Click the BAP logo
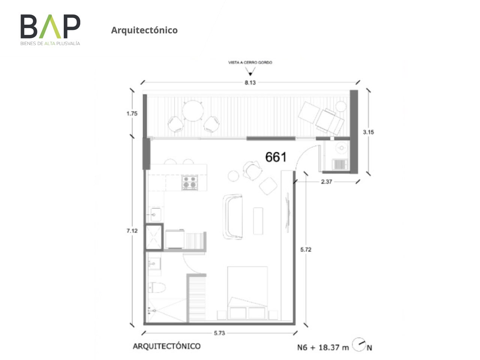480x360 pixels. click(x=50, y=30)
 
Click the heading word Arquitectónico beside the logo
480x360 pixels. click(x=144, y=30)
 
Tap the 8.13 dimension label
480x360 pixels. click(x=250, y=82)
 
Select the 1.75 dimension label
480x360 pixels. click(x=132, y=114)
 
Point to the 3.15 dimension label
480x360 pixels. click(x=368, y=132)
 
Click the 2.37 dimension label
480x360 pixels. click(x=326, y=181)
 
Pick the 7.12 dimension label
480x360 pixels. click(x=132, y=231)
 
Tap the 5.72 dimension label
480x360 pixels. click(x=306, y=249)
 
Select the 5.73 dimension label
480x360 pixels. click(x=219, y=333)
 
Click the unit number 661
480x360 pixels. click(x=276, y=157)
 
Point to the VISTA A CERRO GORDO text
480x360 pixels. click(x=250, y=63)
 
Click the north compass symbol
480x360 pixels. click(x=358, y=345)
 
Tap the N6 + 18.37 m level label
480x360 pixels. click(x=323, y=347)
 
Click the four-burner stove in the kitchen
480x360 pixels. click(x=189, y=182)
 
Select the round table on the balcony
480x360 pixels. click(x=193, y=111)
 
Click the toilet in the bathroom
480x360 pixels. click(x=157, y=287)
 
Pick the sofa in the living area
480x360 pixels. click(x=232, y=216)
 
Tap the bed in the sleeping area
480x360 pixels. click(x=247, y=293)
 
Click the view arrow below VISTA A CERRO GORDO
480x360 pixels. click(x=250, y=71)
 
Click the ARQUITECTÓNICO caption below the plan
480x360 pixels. click(x=166, y=346)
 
